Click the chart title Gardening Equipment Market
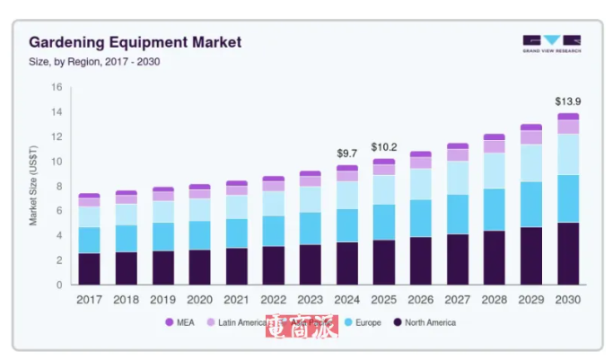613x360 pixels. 135,42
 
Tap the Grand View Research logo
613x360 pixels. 551,44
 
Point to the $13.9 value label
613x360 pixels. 567,101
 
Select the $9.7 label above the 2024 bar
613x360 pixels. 346,153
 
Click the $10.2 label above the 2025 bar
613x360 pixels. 383,146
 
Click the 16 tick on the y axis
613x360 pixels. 56,88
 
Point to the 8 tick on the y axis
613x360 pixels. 58,187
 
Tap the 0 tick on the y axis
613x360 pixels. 58,285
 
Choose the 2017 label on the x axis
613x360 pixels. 89,300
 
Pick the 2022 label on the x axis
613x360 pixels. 273,300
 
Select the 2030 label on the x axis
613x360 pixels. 567,300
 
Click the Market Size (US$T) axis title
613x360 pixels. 33,187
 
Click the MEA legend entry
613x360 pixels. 183,322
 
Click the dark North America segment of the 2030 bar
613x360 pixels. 567,254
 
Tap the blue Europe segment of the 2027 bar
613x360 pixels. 457,215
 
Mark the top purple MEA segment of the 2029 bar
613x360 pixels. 530,127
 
